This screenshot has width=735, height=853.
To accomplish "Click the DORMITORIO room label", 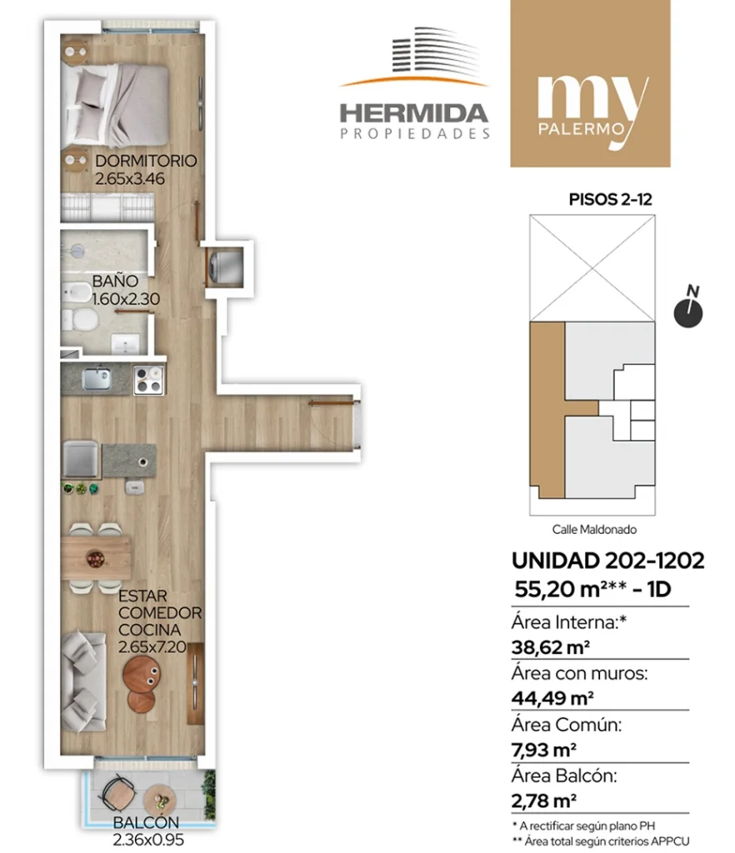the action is point(146,161).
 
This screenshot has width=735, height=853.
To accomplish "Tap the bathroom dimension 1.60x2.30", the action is point(126,299).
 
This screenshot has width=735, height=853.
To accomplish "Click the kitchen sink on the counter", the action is point(97,379).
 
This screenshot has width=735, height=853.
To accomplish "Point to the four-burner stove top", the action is point(148,380).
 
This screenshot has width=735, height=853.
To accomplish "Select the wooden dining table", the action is point(96,557).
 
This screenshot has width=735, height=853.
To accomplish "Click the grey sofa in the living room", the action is point(82,681).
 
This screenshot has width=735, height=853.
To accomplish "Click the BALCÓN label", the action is point(146,822).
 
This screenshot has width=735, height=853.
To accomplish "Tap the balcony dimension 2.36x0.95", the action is point(148,840).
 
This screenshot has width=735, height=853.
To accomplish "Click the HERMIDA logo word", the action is point(413,113).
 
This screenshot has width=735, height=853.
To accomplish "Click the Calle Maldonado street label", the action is point(594,529).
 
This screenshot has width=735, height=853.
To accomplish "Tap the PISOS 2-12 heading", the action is point(610,200).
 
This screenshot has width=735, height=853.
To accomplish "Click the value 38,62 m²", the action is point(551,647).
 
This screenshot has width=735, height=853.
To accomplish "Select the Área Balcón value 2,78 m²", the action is point(543,801).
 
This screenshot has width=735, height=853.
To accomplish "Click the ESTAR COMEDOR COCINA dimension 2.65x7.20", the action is point(152,646).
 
